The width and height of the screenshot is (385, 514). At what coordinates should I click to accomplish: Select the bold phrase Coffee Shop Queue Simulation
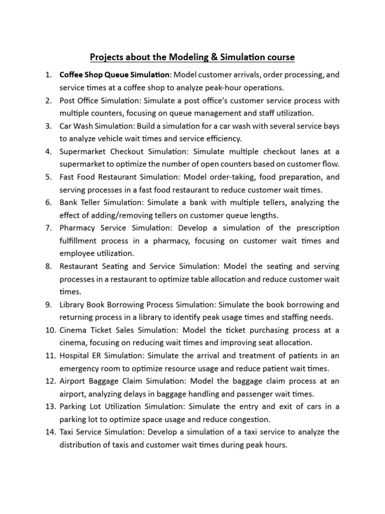pos(115,75)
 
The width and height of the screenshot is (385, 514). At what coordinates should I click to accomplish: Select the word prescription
pos(315,228)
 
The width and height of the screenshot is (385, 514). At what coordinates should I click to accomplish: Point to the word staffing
pos(273,317)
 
